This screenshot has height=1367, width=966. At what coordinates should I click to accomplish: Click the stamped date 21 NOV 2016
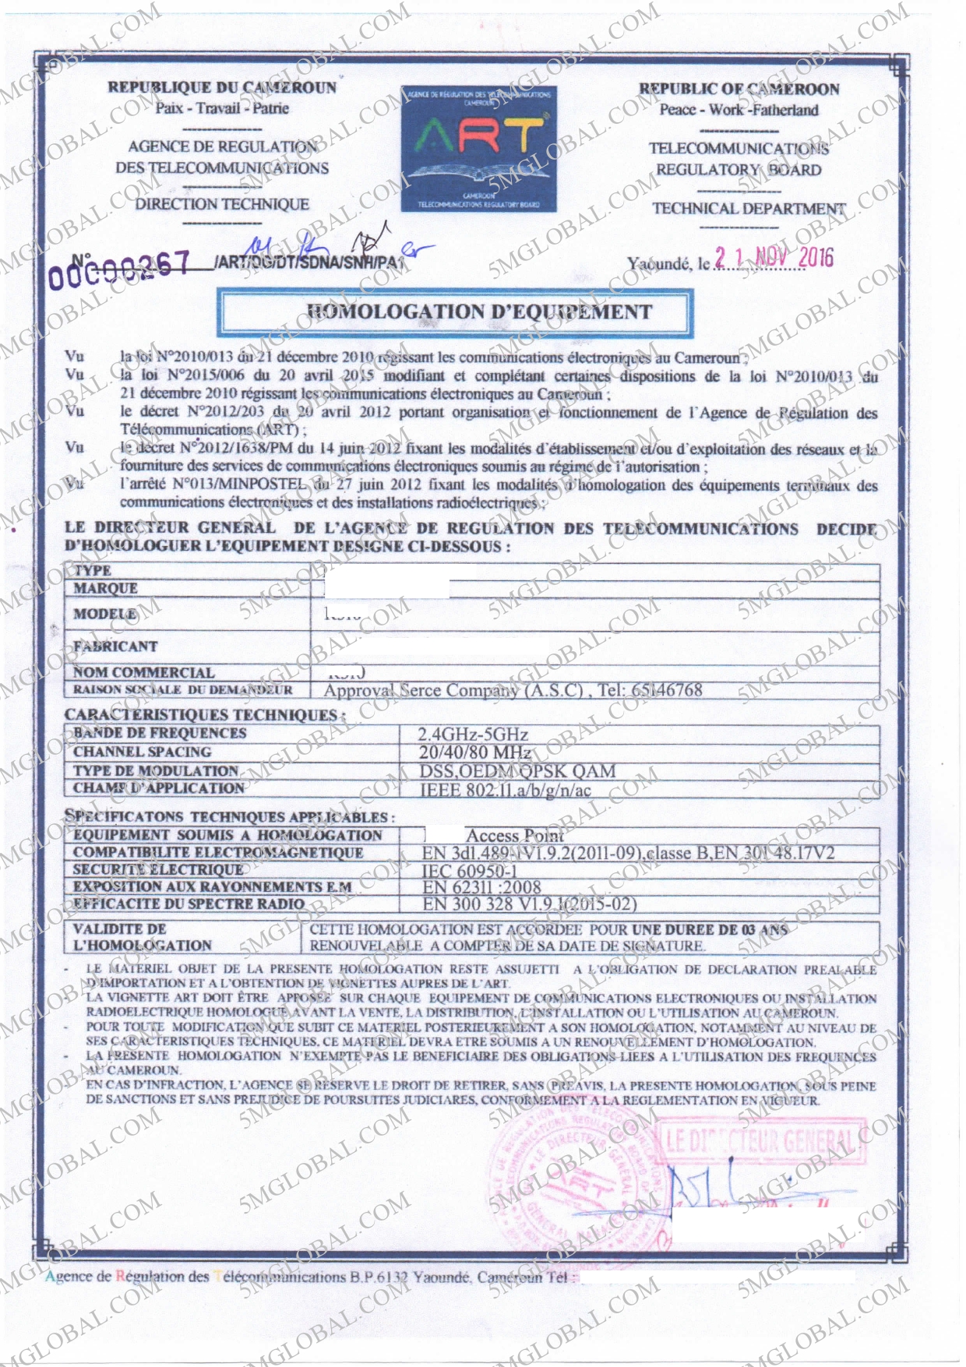point(774,258)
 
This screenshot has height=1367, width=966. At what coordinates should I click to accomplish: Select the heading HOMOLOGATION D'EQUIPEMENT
point(479,312)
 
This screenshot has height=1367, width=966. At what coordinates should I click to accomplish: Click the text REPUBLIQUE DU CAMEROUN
point(222,87)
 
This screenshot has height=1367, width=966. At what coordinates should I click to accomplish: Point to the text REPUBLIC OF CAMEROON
point(739,89)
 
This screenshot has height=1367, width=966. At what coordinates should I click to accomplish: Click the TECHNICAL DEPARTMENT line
point(748,209)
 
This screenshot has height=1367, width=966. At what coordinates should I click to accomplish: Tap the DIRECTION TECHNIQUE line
point(222,204)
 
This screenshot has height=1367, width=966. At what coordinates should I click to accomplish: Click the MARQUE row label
point(105,588)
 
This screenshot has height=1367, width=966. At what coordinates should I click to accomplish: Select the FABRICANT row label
point(115,646)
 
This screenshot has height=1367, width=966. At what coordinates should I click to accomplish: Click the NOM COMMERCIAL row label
point(143,672)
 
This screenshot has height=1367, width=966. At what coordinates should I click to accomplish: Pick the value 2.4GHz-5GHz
point(473,734)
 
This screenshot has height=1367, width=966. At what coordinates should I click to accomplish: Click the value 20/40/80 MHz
point(475,752)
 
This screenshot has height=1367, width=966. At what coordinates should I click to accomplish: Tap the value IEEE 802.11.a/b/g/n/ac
point(506,790)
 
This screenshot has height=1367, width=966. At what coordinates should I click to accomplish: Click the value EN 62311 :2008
point(481,887)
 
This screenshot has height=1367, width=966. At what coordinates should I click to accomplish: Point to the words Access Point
point(514,836)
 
